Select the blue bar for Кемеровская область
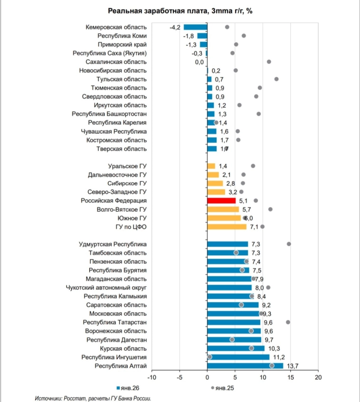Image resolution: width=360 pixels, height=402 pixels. pyautogui.click(x=196, y=27)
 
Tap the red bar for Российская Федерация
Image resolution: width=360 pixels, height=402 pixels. pyautogui.click(x=221, y=201)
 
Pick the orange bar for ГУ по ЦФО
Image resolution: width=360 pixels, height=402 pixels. pyautogui.click(x=227, y=227)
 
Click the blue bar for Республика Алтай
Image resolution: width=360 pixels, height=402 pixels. pyautogui.click(x=245, y=365)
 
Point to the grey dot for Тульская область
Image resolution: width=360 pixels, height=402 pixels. pyautogui.click(x=276, y=79)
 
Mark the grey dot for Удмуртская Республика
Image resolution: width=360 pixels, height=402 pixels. pyautogui.click(x=289, y=244)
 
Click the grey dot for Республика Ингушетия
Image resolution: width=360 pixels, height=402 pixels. pyautogui.click(x=210, y=357)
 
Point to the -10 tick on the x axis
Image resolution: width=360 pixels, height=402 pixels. pyautogui.click(x=152, y=377)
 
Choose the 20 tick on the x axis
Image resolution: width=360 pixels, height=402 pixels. pyautogui.click(x=318, y=377)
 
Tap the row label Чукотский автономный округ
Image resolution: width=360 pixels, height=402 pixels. pyautogui.click(x=106, y=288)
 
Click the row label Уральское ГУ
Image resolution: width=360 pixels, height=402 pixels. pyautogui.click(x=127, y=166)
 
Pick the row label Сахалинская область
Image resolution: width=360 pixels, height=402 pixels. pyautogui.click(x=116, y=62)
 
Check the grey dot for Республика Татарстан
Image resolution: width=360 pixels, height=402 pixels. pyautogui.click(x=288, y=322)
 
